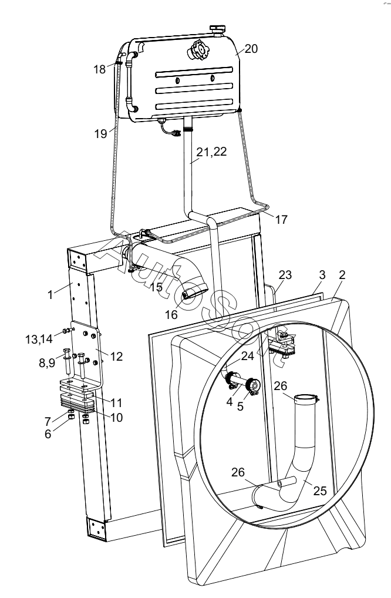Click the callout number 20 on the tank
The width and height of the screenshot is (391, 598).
(251, 49)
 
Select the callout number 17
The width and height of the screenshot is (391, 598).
(281, 220)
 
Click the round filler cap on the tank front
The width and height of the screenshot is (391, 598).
(197, 51)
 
